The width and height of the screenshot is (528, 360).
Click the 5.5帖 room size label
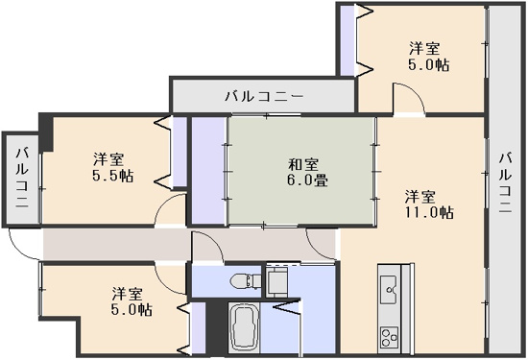pyautogui.click(x=113, y=177)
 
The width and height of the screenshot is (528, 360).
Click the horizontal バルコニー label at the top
pyautogui.click(x=264, y=96)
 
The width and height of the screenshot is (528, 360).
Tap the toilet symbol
pyautogui.click(x=243, y=280)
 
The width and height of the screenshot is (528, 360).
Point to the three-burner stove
pyautogui.click(x=391, y=337)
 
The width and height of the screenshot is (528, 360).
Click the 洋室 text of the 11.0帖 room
pyautogui.click(x=422, y=195)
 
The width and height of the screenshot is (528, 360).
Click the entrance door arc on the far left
pyautogui.click(x=23, y=244)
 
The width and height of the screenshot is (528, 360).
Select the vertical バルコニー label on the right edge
pyautogui.click(x=506, y=181)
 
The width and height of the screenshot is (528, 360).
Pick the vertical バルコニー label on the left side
pyautogui.click(x=21, y=180)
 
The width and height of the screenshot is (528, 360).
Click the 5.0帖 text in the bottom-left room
pyautogui.click(x=132, y=310)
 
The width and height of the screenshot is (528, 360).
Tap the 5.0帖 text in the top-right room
pyautogui.click(x=427, y=64)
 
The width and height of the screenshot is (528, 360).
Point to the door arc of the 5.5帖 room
pyautogui.click(x=171, y=211)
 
